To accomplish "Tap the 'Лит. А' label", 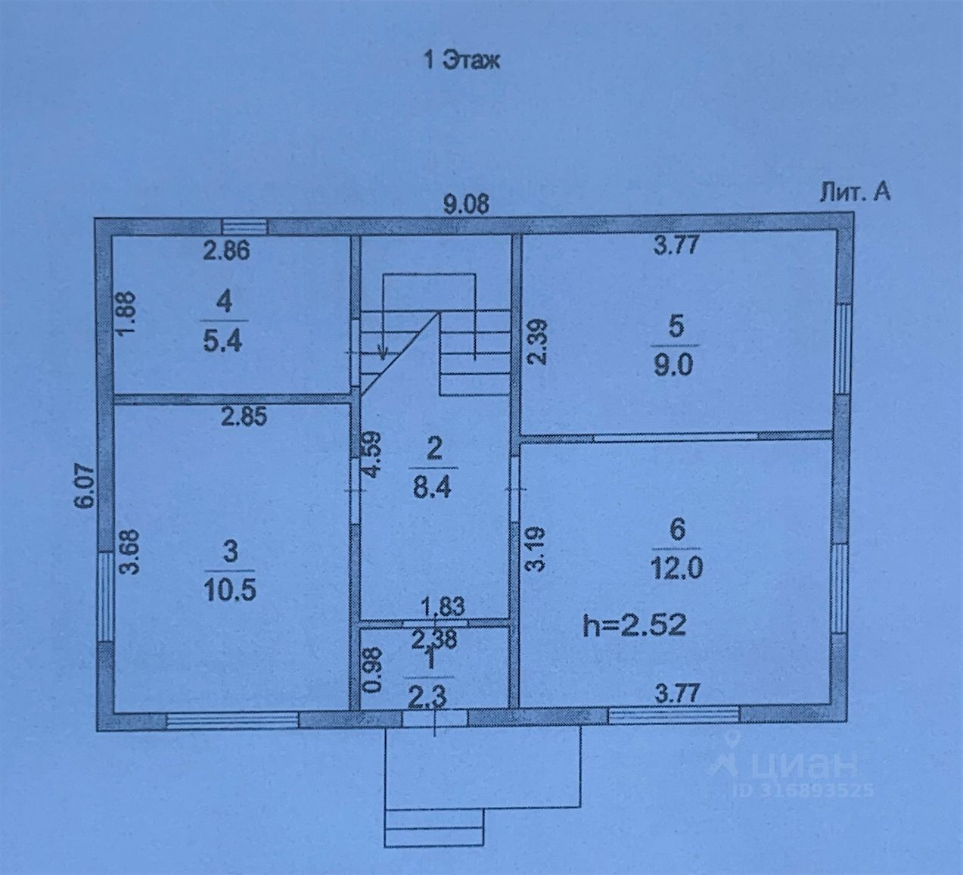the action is (855, 193).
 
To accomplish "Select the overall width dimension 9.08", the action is (466, 204).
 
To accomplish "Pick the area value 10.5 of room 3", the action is (230, 590).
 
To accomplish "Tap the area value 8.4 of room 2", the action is (433, 487).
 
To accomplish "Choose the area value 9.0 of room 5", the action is (676, 366).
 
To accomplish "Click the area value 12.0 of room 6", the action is (677, 567).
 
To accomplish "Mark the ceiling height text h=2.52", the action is (635, 625).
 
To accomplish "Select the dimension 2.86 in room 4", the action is (226, 251).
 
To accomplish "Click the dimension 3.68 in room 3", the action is (132, 556).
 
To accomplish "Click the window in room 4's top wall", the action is (245, 226).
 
